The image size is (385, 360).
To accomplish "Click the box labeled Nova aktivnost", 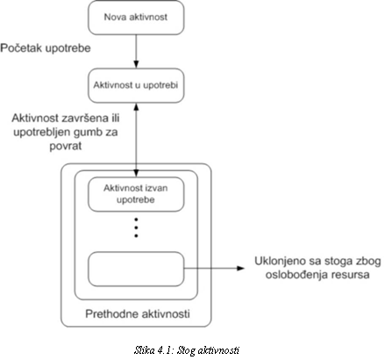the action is pyautogui.click(x=136, y=18).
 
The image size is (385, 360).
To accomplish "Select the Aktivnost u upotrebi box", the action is pyautogui.click(x=136, y=85).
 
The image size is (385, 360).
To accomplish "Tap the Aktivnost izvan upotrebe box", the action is pyautogui.click(x=136, y=194).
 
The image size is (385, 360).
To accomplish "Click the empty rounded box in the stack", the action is pyautogui.click(x=136, y=269).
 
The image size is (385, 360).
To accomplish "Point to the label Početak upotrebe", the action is pyautogui.click(x=46, y=48).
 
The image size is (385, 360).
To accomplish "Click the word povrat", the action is pyautogui.click(x=66, y=146).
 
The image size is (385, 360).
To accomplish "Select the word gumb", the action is pyautogui.click(x=88, y=133).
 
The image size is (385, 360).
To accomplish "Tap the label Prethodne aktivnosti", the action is pyautogui.click(x=138, y=313).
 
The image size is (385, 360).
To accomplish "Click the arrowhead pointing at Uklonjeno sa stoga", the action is pyautogui.click(x=240, y=268).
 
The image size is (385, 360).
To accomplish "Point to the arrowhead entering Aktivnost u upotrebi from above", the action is pyautogui.click(x=136, y=64).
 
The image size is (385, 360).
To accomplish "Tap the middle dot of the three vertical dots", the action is pyautogui.click(x=136, y=227).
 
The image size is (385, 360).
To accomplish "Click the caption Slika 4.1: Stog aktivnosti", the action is pyautogui.click(x=187, y=350).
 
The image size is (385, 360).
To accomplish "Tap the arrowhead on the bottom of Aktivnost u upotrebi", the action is pyautogui.click(x=136, y=107).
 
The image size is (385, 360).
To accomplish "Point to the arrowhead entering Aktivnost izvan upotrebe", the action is pyautogui.click(x=136, y=173).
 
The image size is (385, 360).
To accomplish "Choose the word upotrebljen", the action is pyautogui.click(x=42, y=133).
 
